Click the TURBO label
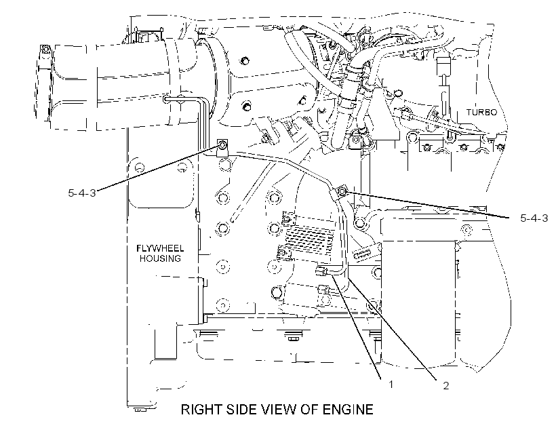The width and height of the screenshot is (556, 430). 481,112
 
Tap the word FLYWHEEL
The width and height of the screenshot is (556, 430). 160,248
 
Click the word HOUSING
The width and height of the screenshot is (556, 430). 160,258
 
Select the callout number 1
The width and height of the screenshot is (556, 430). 391,385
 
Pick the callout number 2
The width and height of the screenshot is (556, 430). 445,385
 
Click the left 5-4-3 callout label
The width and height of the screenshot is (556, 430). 82,193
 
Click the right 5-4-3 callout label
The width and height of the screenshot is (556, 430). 534,218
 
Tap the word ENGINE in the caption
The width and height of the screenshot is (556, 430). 347,410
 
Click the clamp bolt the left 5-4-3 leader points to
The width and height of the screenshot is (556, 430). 222,145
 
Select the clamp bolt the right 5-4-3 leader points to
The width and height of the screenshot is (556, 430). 342,191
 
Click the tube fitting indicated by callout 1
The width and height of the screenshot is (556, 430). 321,272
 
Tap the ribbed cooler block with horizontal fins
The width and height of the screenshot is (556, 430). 310,237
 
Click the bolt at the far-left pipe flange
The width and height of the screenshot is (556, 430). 45,49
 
